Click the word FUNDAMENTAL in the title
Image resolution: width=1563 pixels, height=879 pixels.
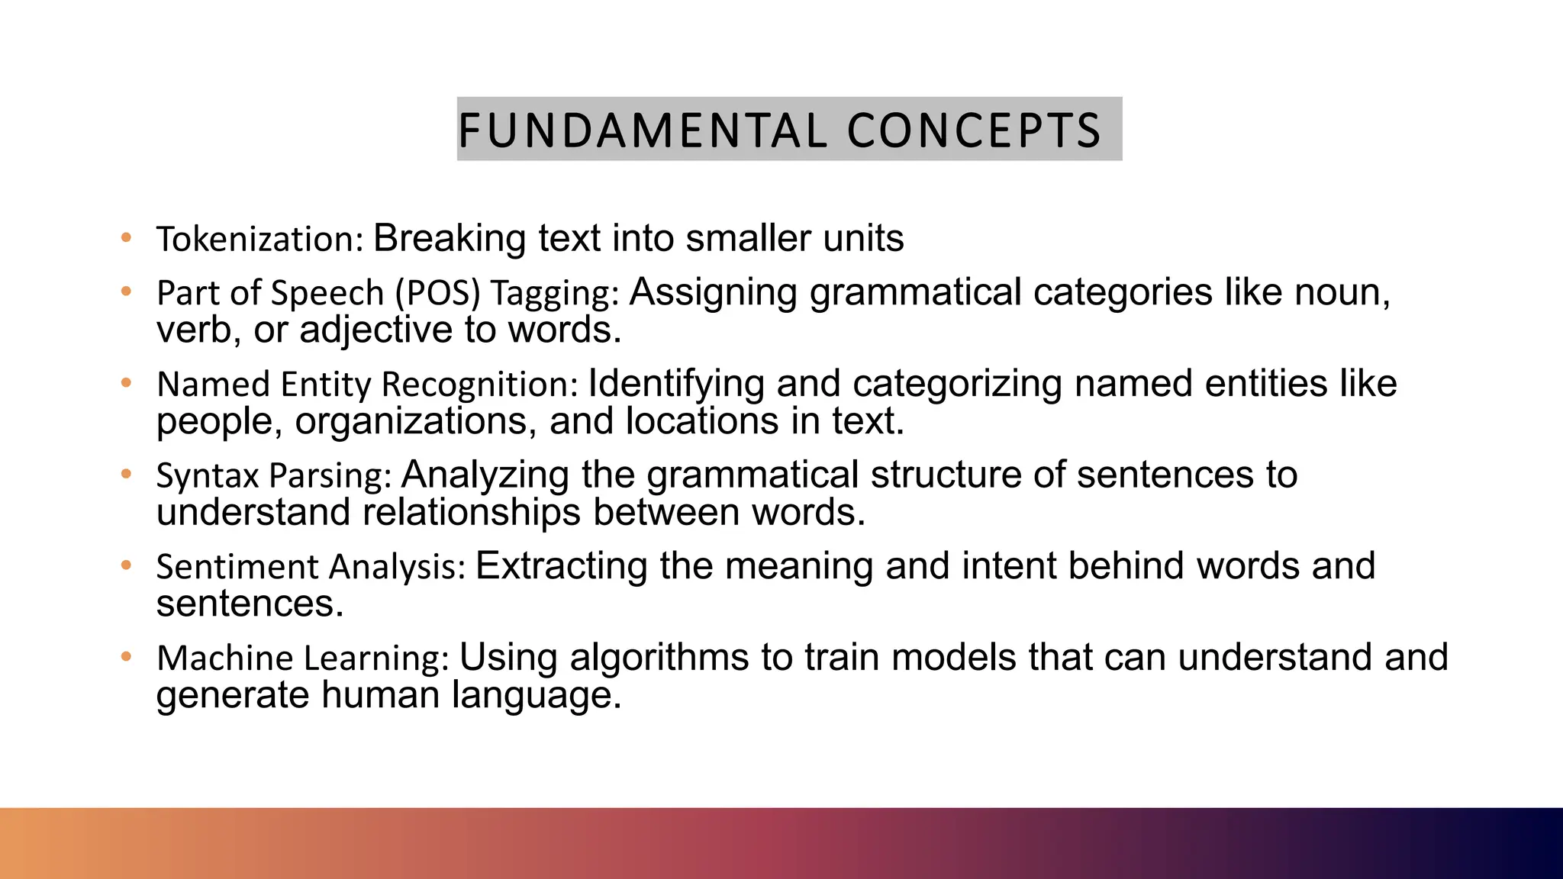pyautogui.click(x=642, y=130)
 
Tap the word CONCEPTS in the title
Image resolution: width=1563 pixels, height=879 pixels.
pyautogui.click(x=974, y=130)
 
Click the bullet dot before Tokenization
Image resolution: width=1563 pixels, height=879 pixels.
pyautogui.click(x=127, y=237)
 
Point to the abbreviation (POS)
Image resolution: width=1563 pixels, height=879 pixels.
pyautogui.click(x=437, y=293)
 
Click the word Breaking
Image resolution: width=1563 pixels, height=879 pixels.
pyautogui.click(x=450, y=239)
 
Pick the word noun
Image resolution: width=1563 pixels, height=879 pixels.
pyautogui.click(x=1342, y=293)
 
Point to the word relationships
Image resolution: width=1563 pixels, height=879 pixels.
pyautogui.click(x=471, y=512)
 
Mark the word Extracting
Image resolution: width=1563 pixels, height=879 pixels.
pyautogui.click(x=561, y=567)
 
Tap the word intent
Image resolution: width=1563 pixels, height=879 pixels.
pyautogui.click(x=1008, y=567)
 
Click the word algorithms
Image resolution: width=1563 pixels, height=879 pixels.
pyautogui.click(x=659, y=658)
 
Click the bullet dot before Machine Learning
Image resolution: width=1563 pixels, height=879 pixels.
pyautogui.click(x=127, y=656)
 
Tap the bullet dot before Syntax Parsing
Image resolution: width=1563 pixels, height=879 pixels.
pyautogui.click(x=127, y=474)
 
